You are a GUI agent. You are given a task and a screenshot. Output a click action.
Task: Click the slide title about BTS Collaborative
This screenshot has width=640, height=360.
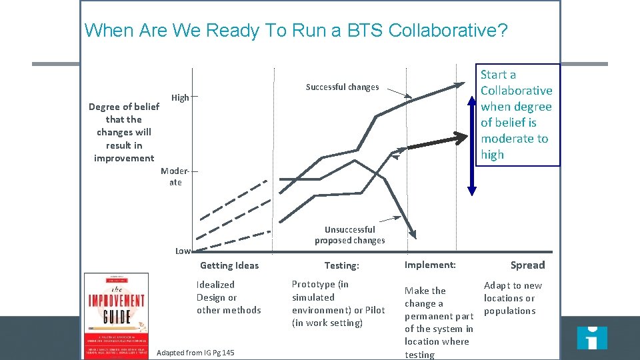296,31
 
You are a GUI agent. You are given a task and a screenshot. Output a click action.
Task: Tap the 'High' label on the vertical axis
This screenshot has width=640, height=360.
180,98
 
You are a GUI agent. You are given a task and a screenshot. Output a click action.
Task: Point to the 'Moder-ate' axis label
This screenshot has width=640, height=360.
172,177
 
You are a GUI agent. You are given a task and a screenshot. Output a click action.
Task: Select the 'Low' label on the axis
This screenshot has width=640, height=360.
183,251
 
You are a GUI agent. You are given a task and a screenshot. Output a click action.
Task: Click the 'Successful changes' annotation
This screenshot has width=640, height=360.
342,87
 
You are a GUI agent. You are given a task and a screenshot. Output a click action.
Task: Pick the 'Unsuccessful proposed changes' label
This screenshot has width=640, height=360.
349,235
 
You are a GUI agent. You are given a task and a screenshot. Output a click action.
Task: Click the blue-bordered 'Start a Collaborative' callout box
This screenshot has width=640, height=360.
517,115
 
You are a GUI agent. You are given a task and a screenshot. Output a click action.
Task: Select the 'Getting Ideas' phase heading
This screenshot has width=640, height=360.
229,265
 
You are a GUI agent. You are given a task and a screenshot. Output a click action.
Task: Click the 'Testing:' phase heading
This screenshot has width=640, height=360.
341,265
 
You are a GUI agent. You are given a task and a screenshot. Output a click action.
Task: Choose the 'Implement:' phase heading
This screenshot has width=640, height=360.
430,265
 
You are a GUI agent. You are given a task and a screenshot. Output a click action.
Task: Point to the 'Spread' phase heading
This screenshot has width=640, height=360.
527,265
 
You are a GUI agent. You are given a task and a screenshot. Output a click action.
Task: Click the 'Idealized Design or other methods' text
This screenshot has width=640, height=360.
229,297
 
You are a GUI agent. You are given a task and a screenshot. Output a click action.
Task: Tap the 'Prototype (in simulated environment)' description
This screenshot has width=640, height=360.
338,303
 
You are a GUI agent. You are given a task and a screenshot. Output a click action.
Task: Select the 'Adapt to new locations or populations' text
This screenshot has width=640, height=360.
513,298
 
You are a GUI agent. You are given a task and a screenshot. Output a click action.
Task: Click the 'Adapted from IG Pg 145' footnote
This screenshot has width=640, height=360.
195,352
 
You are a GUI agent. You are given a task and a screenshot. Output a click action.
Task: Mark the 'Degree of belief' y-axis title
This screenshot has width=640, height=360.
124,132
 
